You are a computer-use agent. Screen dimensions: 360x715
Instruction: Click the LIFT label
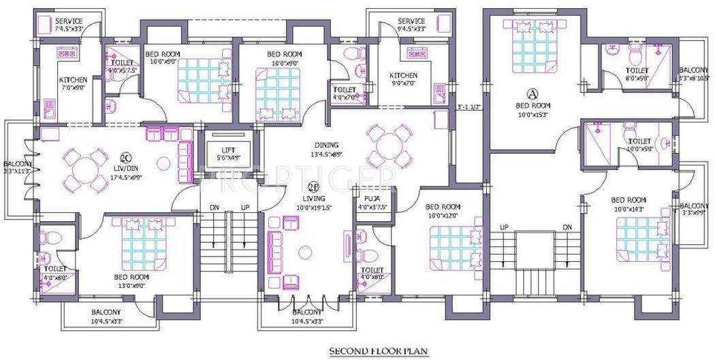(228, 151)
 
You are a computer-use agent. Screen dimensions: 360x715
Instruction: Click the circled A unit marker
(533, 93)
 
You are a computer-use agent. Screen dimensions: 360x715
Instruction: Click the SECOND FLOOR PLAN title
(379, 351)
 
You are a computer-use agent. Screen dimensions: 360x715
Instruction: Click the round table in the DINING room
(385, 146)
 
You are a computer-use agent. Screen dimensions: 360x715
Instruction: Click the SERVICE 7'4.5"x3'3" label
(69, 25)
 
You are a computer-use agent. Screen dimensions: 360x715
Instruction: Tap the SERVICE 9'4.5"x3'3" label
(411, 25)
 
